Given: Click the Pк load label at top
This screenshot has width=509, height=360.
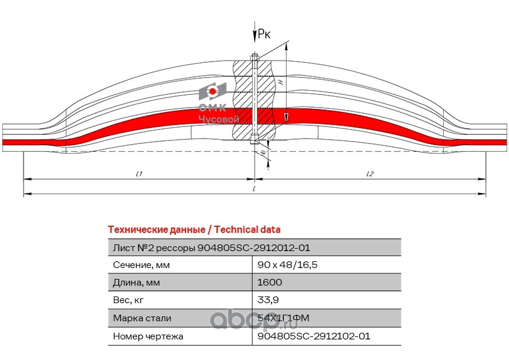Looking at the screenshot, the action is [x=264, y=34].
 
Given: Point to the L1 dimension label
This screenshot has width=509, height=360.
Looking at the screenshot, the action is [x=138, y=174].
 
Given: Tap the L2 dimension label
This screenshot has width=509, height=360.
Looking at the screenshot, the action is [x=370, y=174].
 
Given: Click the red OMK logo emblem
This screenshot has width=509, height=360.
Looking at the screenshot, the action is [x=213, y=91].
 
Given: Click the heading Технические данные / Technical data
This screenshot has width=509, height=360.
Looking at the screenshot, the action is [x=193, y=230].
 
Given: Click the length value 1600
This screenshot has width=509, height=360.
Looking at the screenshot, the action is [x=270, y=283].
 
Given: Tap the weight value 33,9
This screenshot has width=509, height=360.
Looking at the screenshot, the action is [x=268, y=300].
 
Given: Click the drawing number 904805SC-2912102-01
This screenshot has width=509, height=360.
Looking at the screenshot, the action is [x=313, y=335].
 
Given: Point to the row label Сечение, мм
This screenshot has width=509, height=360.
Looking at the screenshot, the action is [x=141, y=265].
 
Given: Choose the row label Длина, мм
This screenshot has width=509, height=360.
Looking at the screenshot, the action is [x=137, y=283].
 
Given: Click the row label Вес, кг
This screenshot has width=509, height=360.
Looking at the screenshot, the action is [x=129, y=300].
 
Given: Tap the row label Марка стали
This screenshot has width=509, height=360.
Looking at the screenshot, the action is [x=142, y=318].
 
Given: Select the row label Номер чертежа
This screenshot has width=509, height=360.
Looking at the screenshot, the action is [x=148, y=335].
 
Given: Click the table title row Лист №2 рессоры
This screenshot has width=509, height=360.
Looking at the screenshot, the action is [x=212, y=247].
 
